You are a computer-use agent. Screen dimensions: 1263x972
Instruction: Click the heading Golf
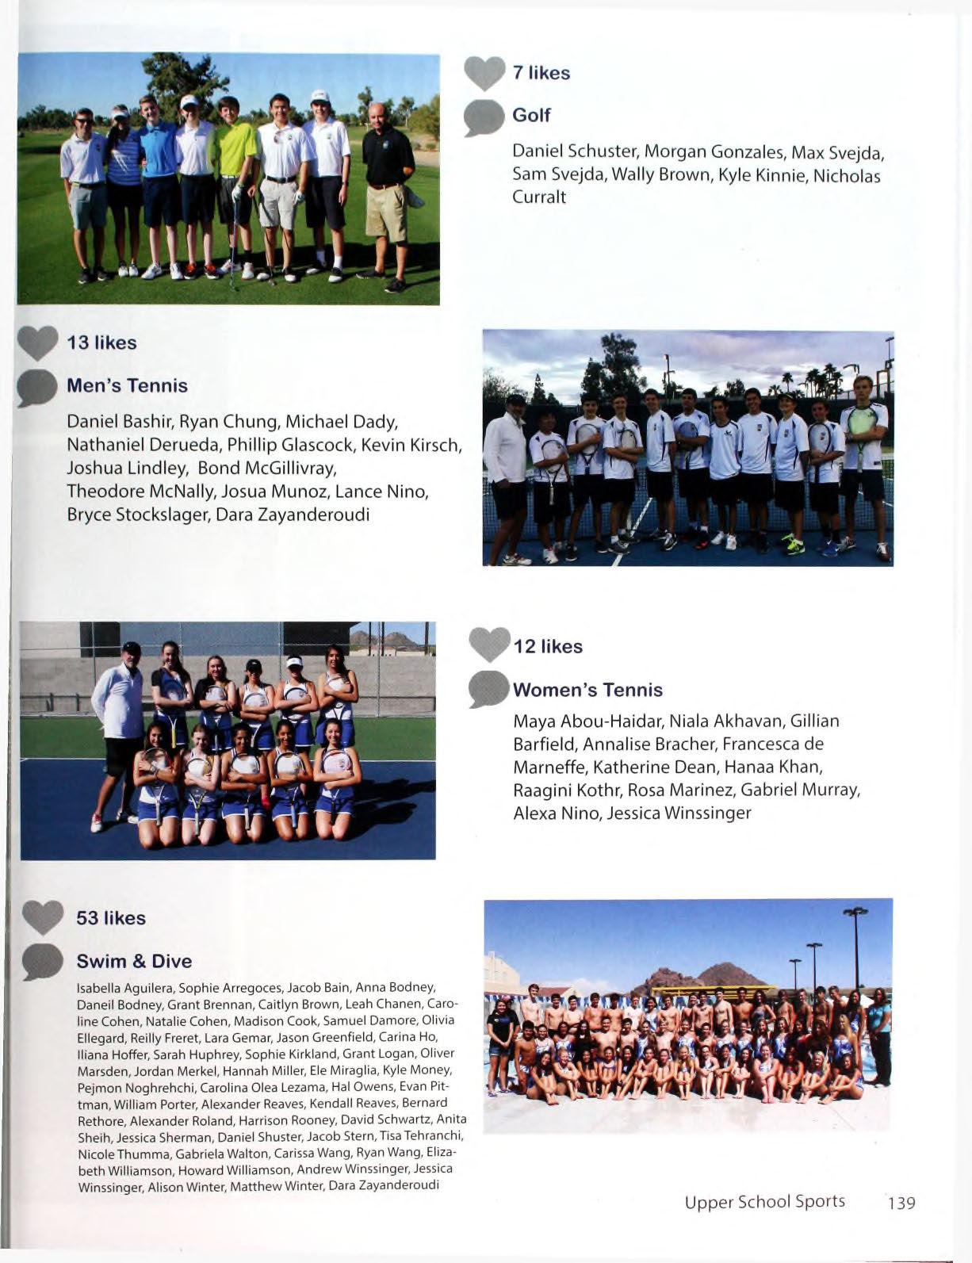[x=531, y=115]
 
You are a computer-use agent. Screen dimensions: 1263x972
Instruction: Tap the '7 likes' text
[x=541, y=73]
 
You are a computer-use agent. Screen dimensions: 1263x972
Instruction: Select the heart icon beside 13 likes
[x=37, y=343]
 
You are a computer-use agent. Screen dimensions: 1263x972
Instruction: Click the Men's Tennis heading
[x=127, y=386]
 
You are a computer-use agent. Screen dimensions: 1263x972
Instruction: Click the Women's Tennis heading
[x=587, y=690]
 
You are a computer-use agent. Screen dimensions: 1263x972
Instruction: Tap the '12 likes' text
[x=548, y=647]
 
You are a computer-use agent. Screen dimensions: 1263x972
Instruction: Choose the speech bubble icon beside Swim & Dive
[x=43, y=962]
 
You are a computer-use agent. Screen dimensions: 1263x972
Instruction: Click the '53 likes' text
[x=111, y=918]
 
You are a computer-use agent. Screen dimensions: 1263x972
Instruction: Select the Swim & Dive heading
[x=134, y=962]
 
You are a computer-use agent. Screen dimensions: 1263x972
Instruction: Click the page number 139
[x=901, y=1203]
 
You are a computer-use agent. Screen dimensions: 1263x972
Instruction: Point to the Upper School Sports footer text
[x=764, y=1201]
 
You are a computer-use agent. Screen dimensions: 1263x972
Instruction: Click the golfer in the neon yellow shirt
[x=235, y=186]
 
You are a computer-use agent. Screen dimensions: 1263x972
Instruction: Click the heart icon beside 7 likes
[x=484, y=73]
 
